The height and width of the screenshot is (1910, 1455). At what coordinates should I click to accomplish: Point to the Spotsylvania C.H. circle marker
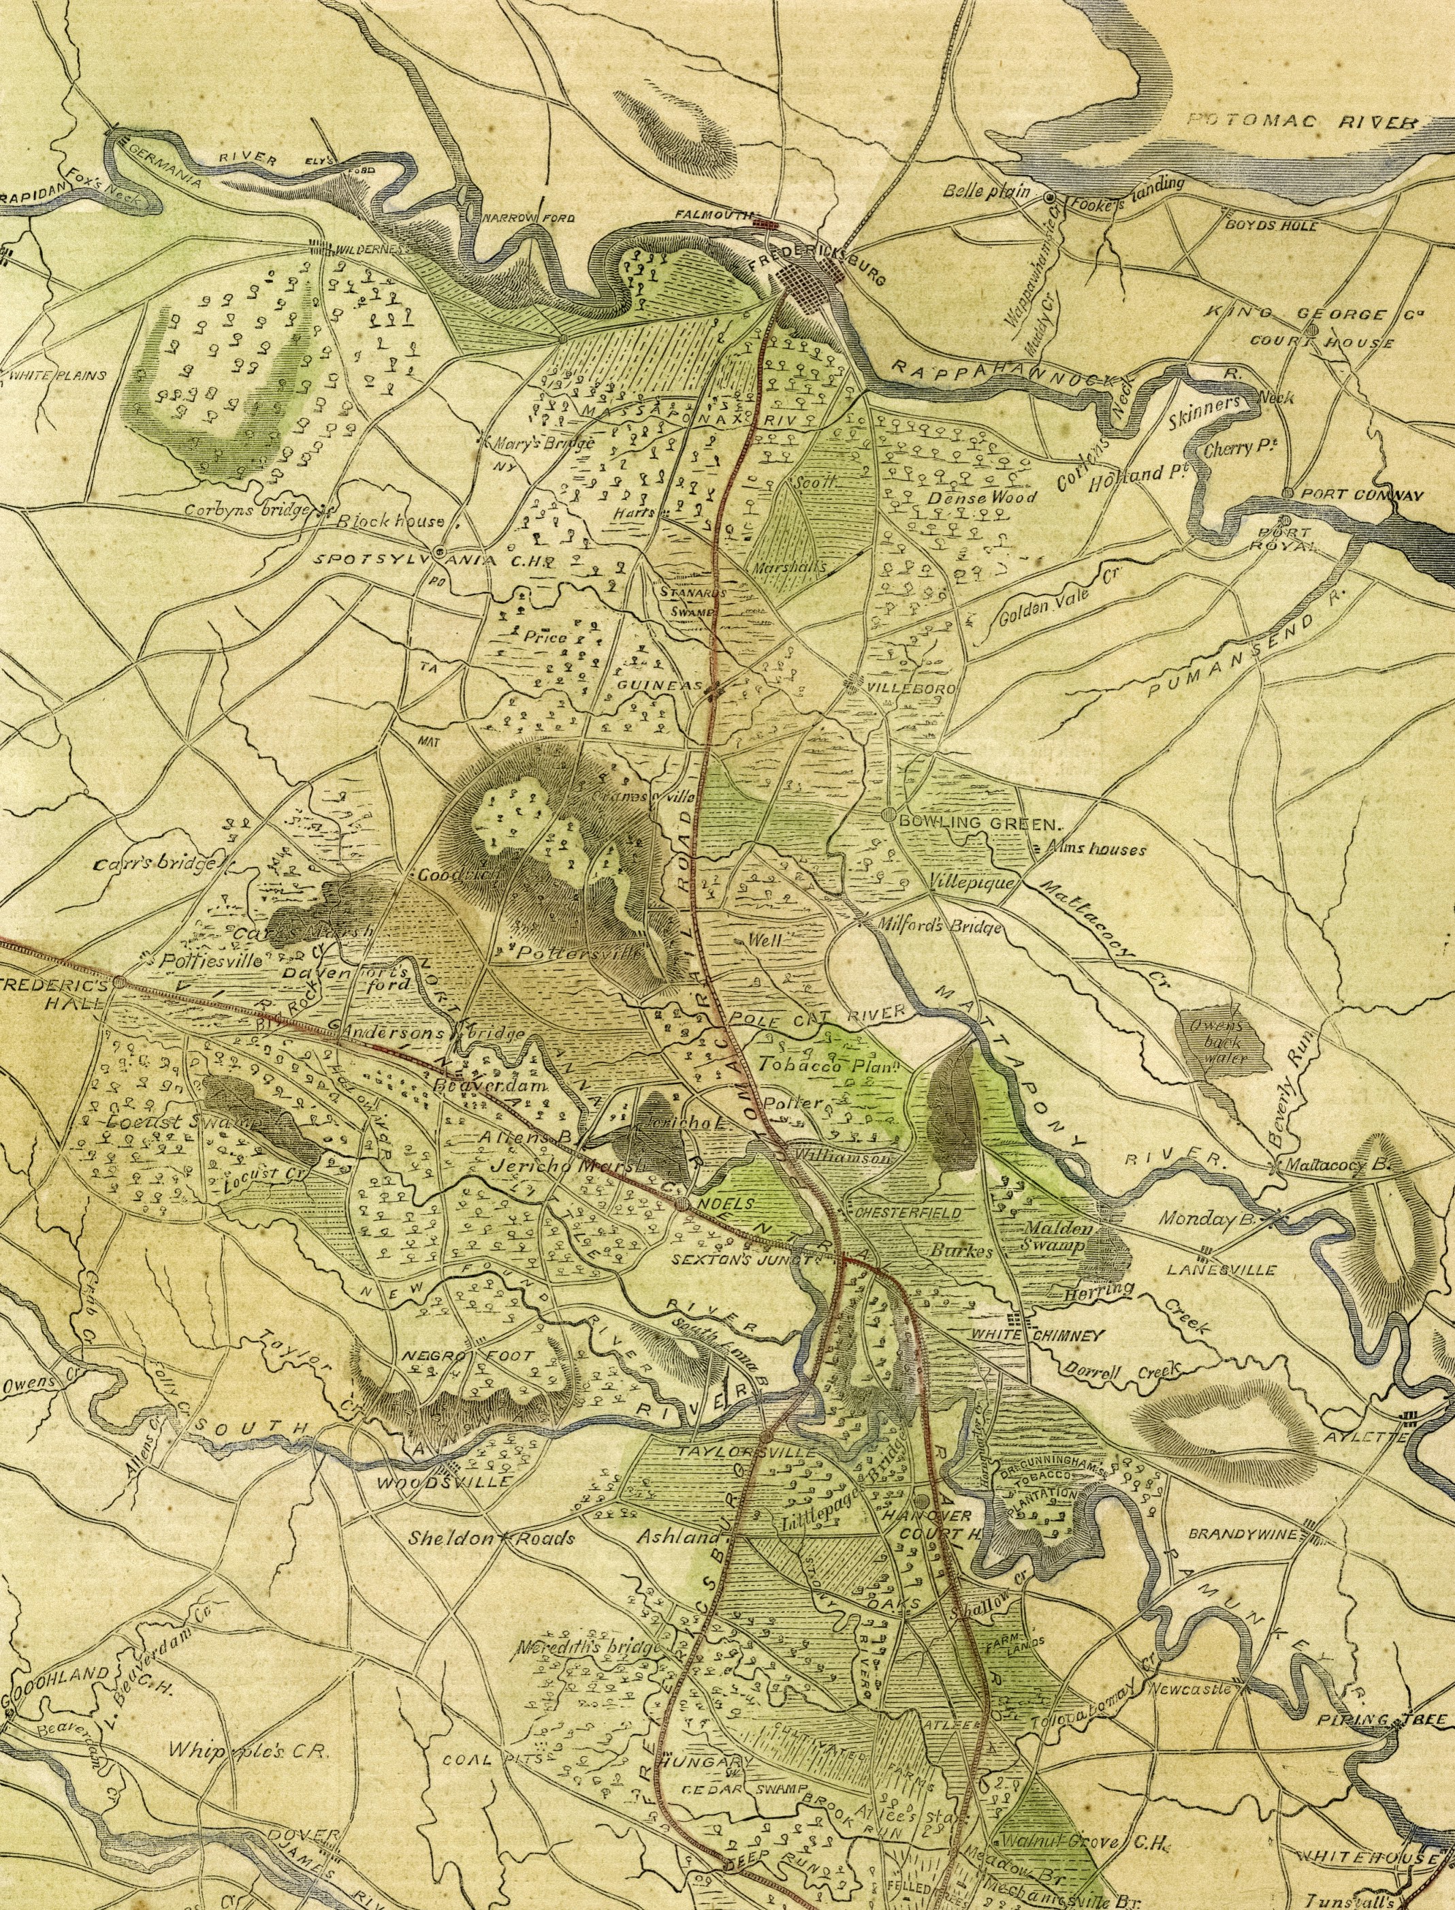pos(439,551)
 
